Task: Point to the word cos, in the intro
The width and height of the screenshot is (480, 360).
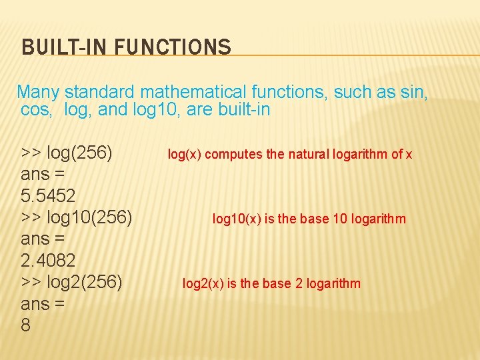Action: [x=36, y=109]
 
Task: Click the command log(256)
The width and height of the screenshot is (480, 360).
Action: [x=79, y=153]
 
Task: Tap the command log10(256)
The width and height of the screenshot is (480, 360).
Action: [x=90, y=218]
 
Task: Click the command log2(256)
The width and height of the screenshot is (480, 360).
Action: [x=85, y=282]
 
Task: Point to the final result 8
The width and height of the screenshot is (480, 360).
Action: [x=26, y=325]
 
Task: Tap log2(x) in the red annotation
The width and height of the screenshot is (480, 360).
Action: [x=203, y=283]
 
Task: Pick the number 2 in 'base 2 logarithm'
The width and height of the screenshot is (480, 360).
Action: [x=299, y=283]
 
